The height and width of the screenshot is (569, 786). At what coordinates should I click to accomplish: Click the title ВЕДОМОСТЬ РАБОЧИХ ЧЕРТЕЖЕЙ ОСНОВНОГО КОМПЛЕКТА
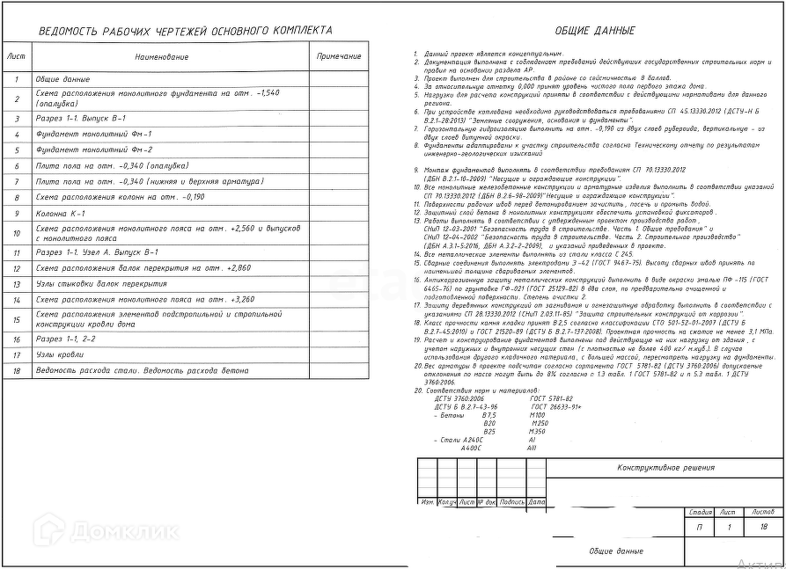pos(186,31)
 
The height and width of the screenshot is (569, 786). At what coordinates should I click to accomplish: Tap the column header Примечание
pos(339,56)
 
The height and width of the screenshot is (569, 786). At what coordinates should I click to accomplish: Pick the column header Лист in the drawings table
pos(17,56)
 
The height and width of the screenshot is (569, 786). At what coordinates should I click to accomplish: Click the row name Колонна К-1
pos(61,213)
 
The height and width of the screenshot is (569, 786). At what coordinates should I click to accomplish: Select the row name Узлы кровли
pos(60,354)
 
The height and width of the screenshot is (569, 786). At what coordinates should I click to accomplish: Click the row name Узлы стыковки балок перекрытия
pos(101,284)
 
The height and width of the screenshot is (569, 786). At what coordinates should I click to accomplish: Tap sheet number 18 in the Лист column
pos(17,370)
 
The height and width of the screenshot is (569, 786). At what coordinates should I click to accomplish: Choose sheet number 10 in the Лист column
pos(17,233)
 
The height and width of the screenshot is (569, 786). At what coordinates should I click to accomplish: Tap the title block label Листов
pos(762,511)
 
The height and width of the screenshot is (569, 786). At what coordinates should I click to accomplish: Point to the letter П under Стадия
pos(700,528)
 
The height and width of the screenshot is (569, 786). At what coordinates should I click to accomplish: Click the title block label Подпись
pos(512,502)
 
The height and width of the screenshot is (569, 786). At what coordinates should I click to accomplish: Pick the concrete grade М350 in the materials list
pos(539,431)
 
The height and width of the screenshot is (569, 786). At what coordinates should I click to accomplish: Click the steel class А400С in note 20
pos(472,448)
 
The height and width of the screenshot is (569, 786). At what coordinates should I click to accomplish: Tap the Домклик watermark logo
pos(106,530)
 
